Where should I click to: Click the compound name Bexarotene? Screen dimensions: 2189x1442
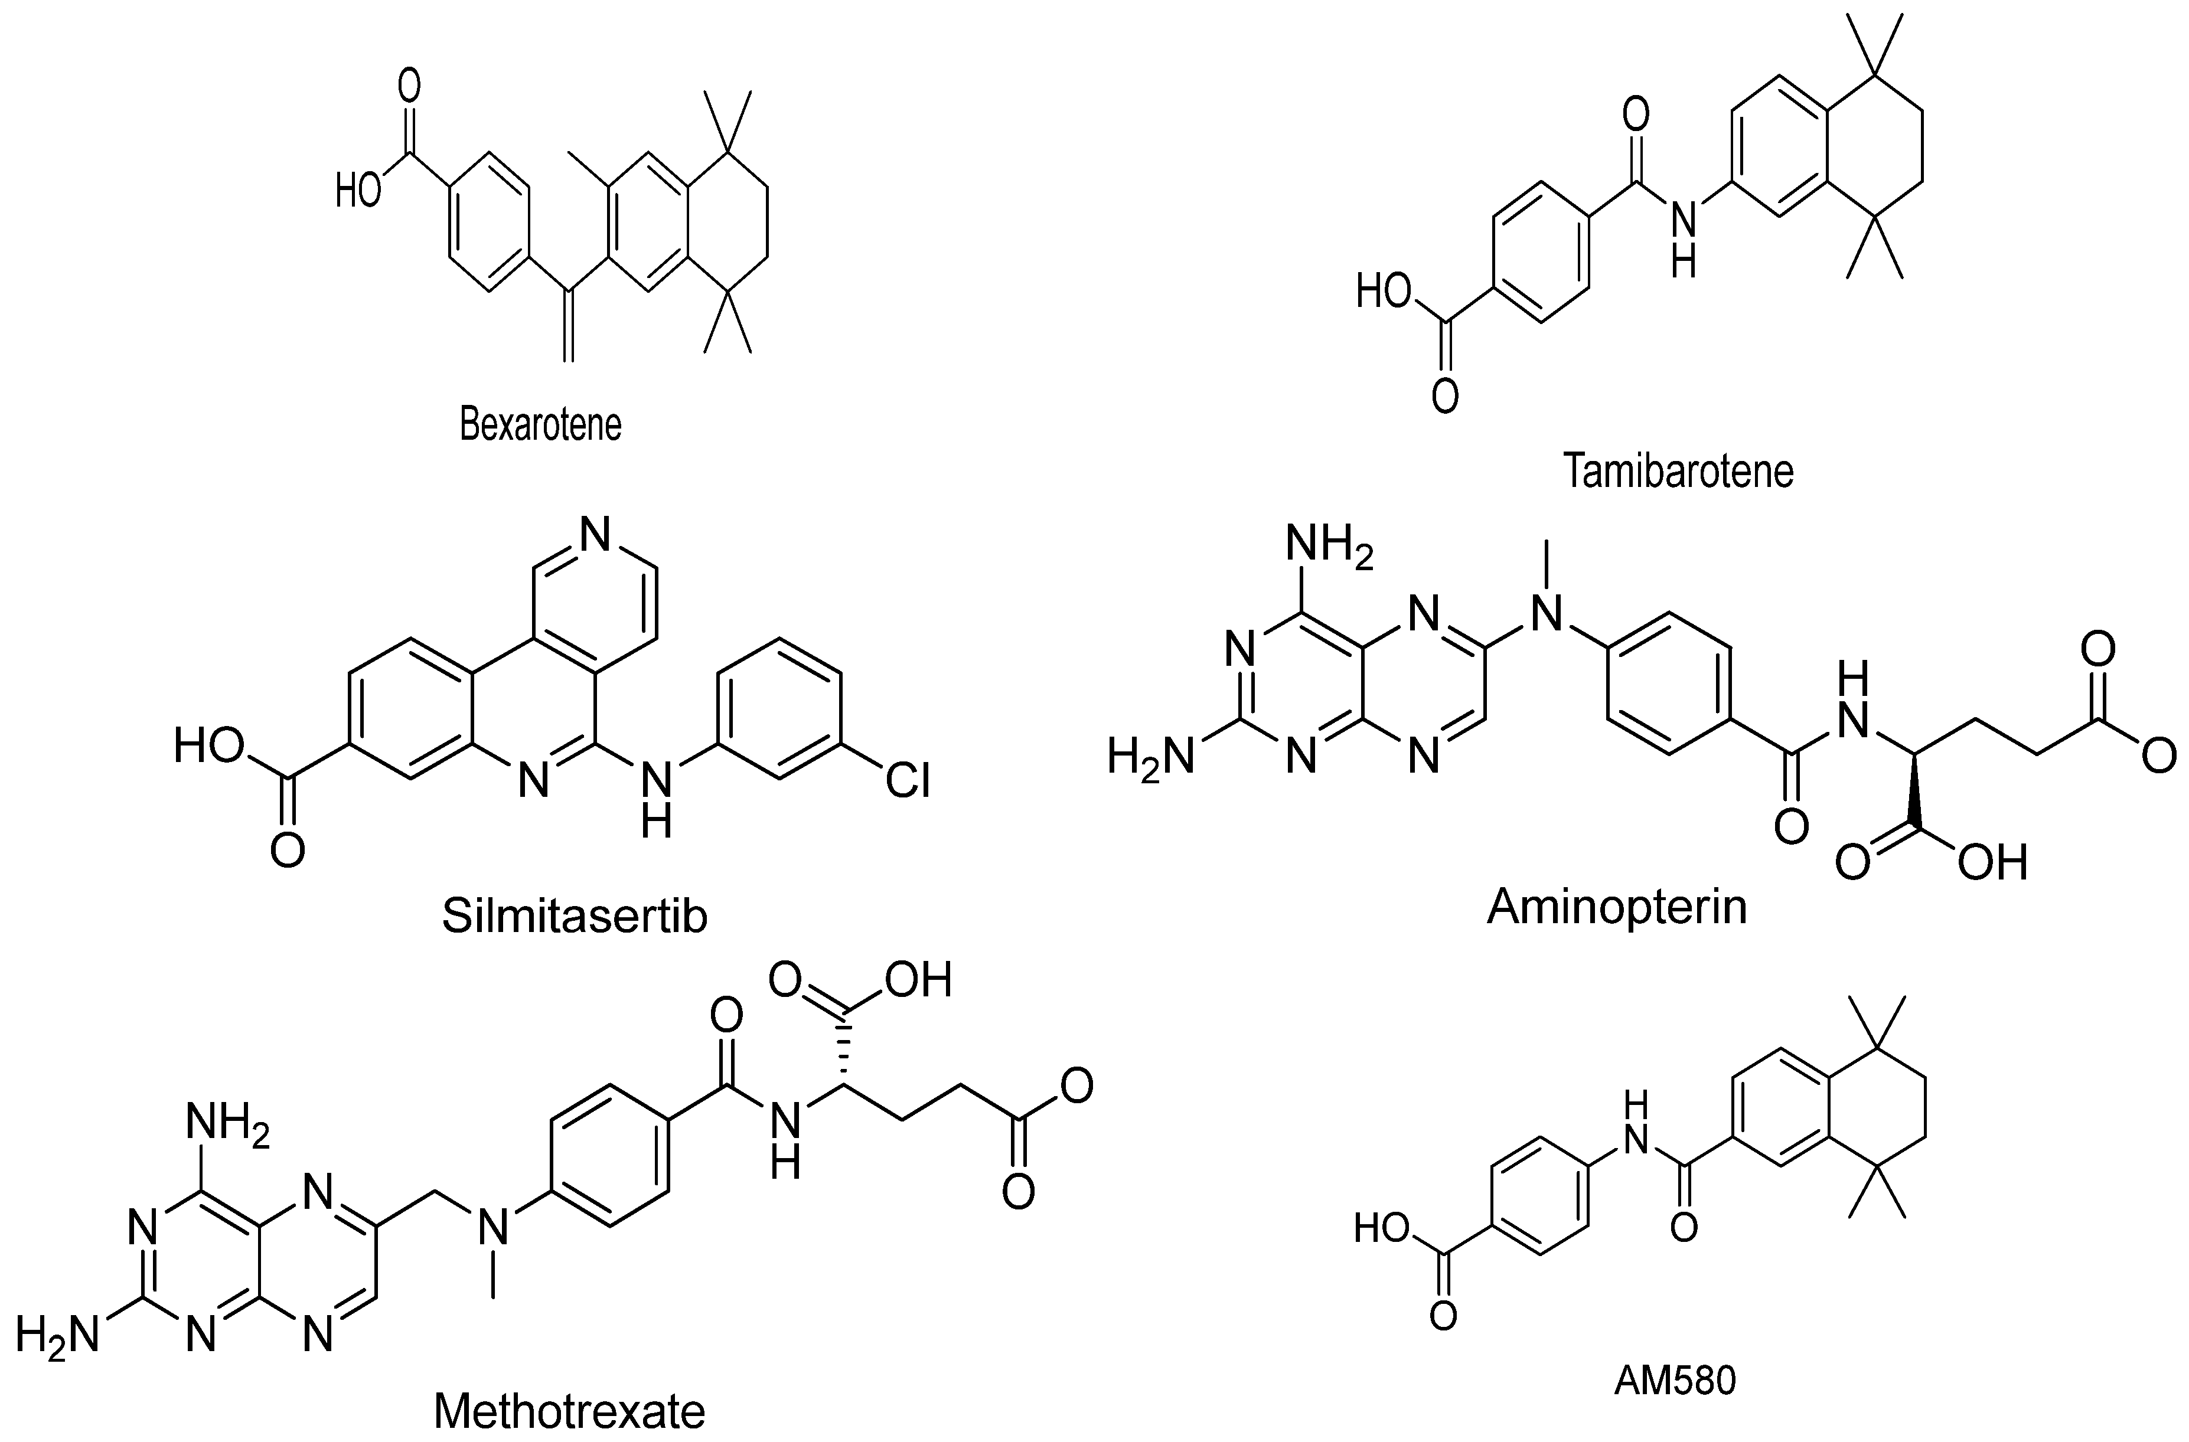[541, 425]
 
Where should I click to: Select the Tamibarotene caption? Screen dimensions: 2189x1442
[1679, 472]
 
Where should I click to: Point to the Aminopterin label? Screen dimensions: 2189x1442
[1616, 908]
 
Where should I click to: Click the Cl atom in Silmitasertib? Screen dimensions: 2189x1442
[908, 781]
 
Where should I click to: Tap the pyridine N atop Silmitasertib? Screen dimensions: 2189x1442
[596, 534]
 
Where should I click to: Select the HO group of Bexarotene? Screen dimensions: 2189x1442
[358, 191]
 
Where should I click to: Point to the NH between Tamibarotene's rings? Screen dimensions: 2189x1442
[1682, 239]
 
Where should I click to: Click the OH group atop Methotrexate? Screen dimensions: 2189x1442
[918, 980]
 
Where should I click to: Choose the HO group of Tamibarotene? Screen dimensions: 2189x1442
[1384, 292]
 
